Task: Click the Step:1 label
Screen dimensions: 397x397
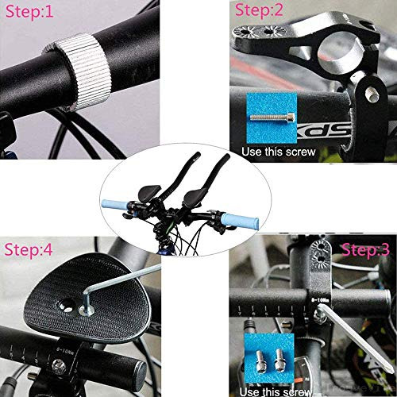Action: pyautogui.click(x=30, y=13)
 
